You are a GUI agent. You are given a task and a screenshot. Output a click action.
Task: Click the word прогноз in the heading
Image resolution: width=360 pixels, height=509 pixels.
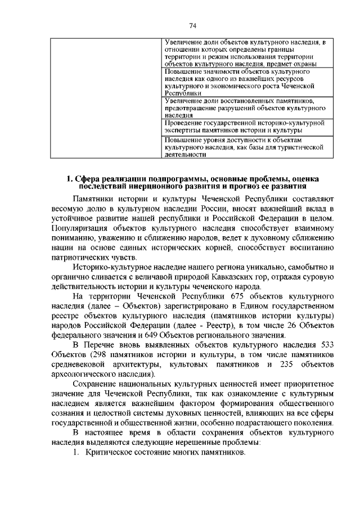[x=244, y=187]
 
